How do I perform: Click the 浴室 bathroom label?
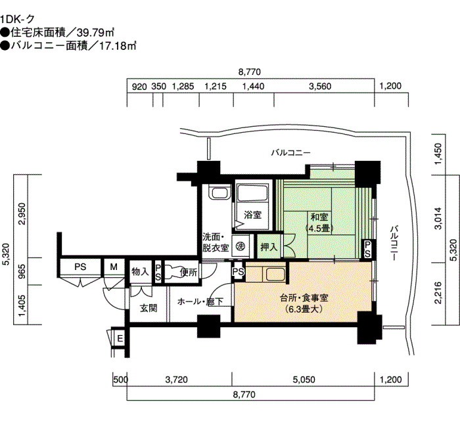point(253,215)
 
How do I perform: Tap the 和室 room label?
point(320,217)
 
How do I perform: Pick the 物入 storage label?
point(141,271)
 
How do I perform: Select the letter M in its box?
point(114,267)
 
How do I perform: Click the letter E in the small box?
point(120,339)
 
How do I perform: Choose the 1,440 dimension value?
point(253,86)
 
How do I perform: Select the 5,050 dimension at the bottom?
point(304,380)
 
